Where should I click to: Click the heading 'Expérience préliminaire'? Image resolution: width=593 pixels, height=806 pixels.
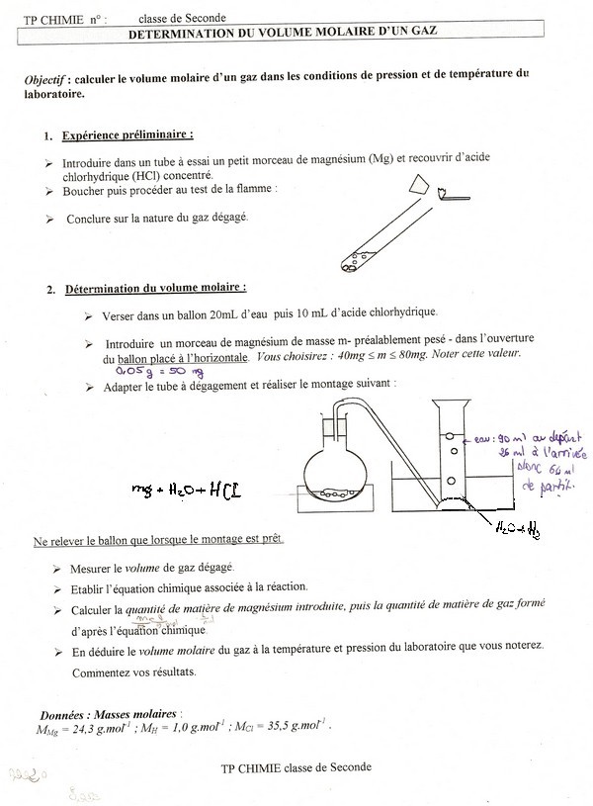tap(127, 135)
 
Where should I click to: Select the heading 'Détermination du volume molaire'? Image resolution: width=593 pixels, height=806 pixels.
tap(155, 289)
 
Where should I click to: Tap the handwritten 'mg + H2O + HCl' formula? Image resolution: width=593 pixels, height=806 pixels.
tap(186, 489)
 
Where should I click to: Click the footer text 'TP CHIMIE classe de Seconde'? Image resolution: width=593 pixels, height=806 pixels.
tap(296, 766)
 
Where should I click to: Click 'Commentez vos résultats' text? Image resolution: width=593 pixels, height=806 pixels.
tap(133, 672)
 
